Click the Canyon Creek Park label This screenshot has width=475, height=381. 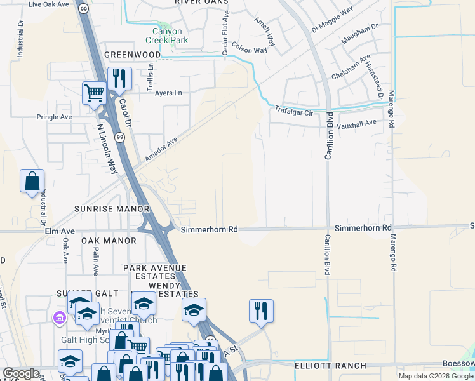167,36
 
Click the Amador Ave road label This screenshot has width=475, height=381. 160,150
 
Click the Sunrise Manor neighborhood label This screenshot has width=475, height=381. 112,208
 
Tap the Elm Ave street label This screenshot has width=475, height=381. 60,232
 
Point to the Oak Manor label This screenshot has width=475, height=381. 109,241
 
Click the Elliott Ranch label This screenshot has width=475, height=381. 330,366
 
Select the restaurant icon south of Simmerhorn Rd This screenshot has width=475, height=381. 261,310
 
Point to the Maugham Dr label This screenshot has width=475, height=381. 359,36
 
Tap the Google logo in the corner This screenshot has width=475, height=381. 21,373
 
